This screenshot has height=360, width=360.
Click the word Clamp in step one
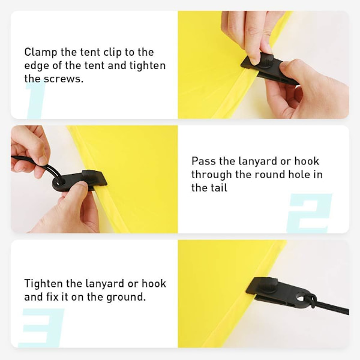point(40,53)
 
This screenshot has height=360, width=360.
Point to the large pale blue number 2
point(309,214)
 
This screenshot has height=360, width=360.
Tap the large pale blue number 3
point(41,328)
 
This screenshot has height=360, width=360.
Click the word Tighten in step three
point(43,284)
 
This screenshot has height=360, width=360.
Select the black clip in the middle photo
point(79,181)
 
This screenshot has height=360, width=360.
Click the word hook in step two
point(307,161)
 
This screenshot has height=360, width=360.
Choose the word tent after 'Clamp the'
point(89,53)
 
